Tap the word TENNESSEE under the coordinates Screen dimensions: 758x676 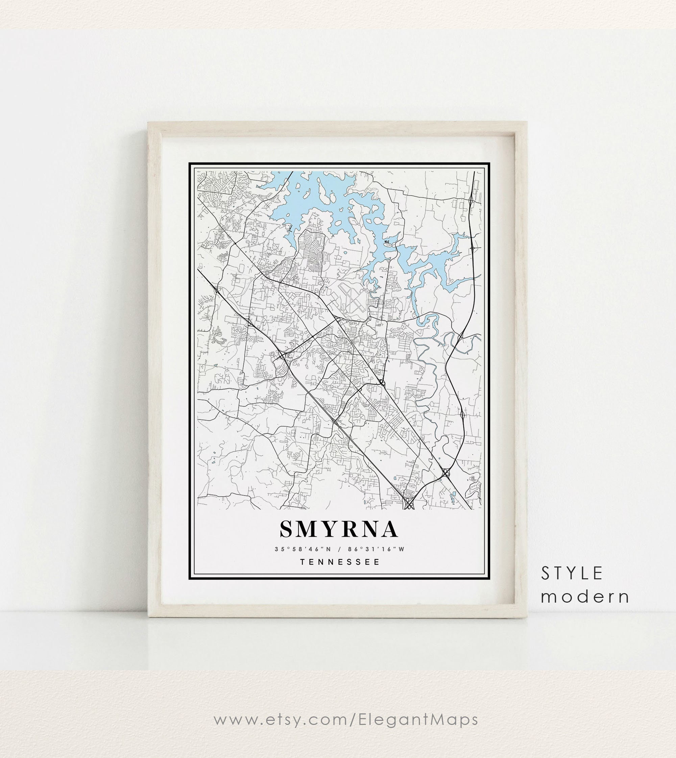tap(340, 562)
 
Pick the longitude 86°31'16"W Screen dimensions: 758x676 tap(376, 549)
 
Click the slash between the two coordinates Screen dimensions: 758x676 tap(339, 549)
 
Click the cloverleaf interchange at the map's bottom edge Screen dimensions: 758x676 tap(409, 504)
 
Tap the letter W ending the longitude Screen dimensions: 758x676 tap(401, 549)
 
